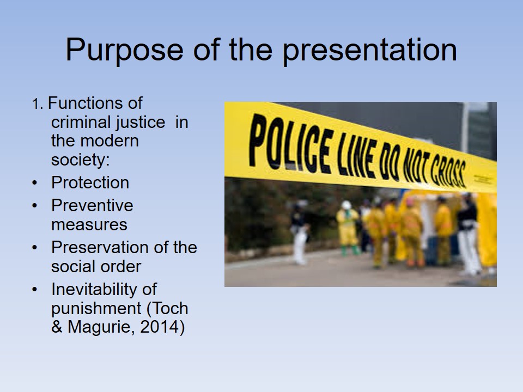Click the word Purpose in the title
point(124,50)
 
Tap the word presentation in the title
point(370,50)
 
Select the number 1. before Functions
point(38,104)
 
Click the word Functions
point(95,103)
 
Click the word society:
point(81,160)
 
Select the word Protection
point(90,183)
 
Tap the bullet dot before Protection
point(35,183)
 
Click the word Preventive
point(92,205)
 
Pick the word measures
point(89,225)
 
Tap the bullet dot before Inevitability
point(35,289)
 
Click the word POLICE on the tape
point(291,143)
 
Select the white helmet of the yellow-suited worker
point(346,205)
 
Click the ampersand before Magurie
point(57,327)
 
